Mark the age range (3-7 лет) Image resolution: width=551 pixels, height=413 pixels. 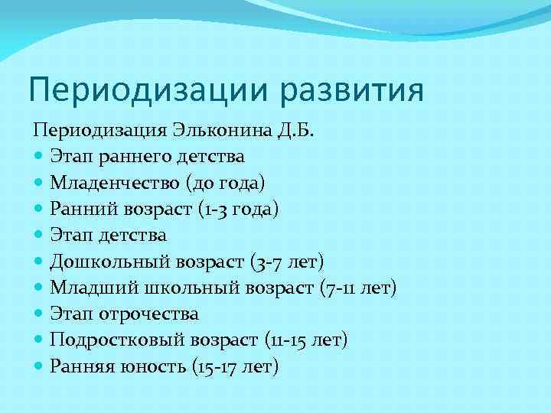[288, 262]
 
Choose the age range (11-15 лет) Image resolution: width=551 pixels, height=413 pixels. [305, 340]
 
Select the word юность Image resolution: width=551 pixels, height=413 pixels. [150, 367]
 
